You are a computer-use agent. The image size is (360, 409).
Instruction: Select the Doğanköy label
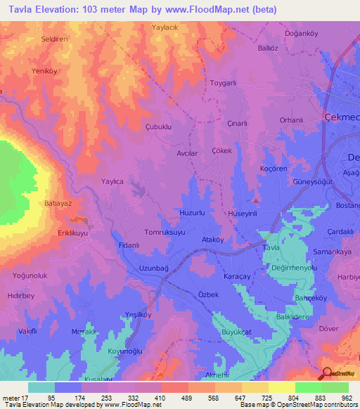click(302, 34)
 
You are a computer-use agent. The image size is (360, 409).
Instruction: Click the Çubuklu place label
click(158, 127)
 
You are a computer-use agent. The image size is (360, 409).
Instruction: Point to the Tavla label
click(271, 248)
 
